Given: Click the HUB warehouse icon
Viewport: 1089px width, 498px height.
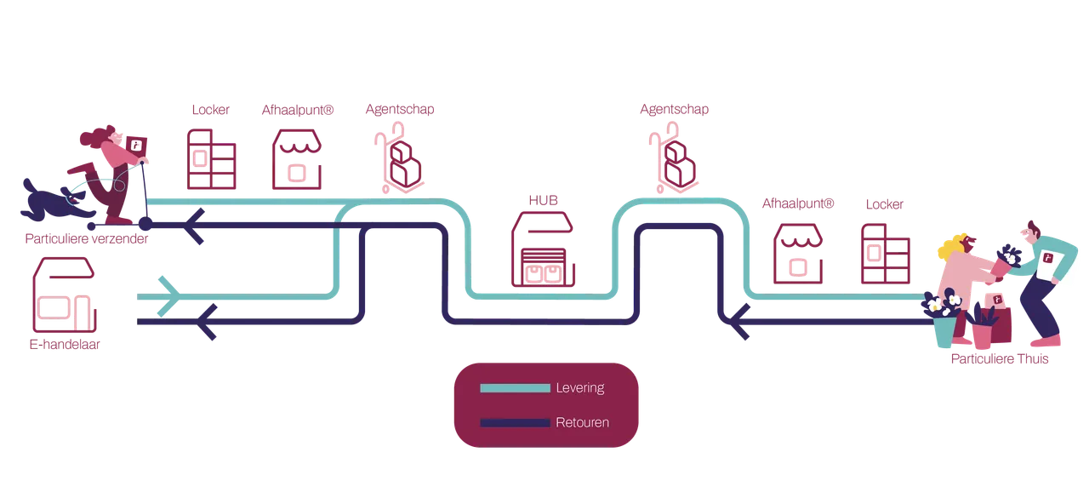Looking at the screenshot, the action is point(543,249).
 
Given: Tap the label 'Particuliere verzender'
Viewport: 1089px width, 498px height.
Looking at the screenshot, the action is point(87,239).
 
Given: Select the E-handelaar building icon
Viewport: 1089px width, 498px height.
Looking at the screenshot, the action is point(64,295).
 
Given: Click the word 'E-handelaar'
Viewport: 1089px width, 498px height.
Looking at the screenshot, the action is point(65,344).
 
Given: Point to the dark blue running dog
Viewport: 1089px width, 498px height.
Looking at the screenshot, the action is point(54,201).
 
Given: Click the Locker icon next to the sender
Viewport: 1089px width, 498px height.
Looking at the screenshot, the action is point(212,159).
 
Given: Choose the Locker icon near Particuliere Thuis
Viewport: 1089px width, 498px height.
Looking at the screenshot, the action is point(886,254).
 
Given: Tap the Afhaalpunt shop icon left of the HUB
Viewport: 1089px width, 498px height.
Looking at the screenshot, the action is point(297,159).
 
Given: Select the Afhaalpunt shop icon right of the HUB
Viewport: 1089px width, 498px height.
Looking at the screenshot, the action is point(798,254).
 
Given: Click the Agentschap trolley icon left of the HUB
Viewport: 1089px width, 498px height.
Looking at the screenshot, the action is point(400,158).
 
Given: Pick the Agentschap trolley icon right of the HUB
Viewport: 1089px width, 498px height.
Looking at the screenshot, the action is point(674,158).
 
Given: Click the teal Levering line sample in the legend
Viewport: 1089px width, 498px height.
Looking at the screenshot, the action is point(515,388).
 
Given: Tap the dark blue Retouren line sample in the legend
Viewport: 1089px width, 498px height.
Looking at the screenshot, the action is point(515,422).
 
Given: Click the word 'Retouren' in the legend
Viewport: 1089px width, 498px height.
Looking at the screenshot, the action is point(583,422).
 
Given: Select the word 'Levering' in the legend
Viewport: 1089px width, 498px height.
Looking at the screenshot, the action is point(580,387).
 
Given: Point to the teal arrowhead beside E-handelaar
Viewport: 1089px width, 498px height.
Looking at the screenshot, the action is point(169,296).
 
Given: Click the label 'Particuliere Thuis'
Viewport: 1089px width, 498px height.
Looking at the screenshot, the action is point(1000,359).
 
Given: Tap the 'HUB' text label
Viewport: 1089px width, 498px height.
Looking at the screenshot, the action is point(543,200).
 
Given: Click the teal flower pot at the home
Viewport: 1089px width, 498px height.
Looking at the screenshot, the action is point(944,332).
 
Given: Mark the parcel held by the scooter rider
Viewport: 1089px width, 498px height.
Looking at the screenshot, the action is point(136,145).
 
